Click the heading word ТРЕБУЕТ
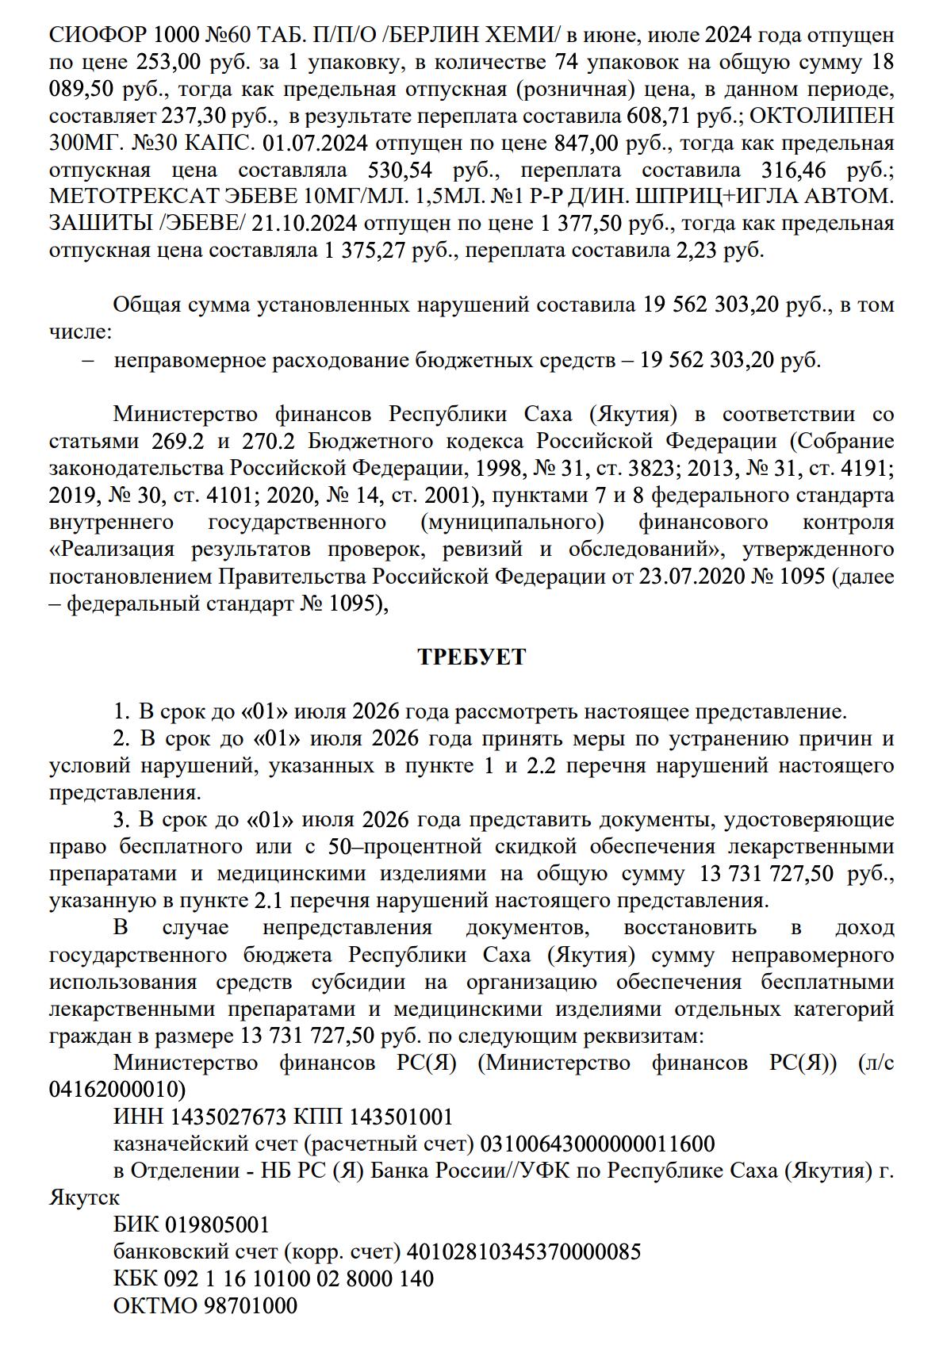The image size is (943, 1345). pos(471,657)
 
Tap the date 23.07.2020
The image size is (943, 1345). pos(691,577)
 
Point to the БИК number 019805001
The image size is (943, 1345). pos(217,1225)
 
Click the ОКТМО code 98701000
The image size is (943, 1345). pos(251,1306)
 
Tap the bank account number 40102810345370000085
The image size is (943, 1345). pos(523,1252)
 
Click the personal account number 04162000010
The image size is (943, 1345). pos(117,1090)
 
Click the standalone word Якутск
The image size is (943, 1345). pos(85,1197)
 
